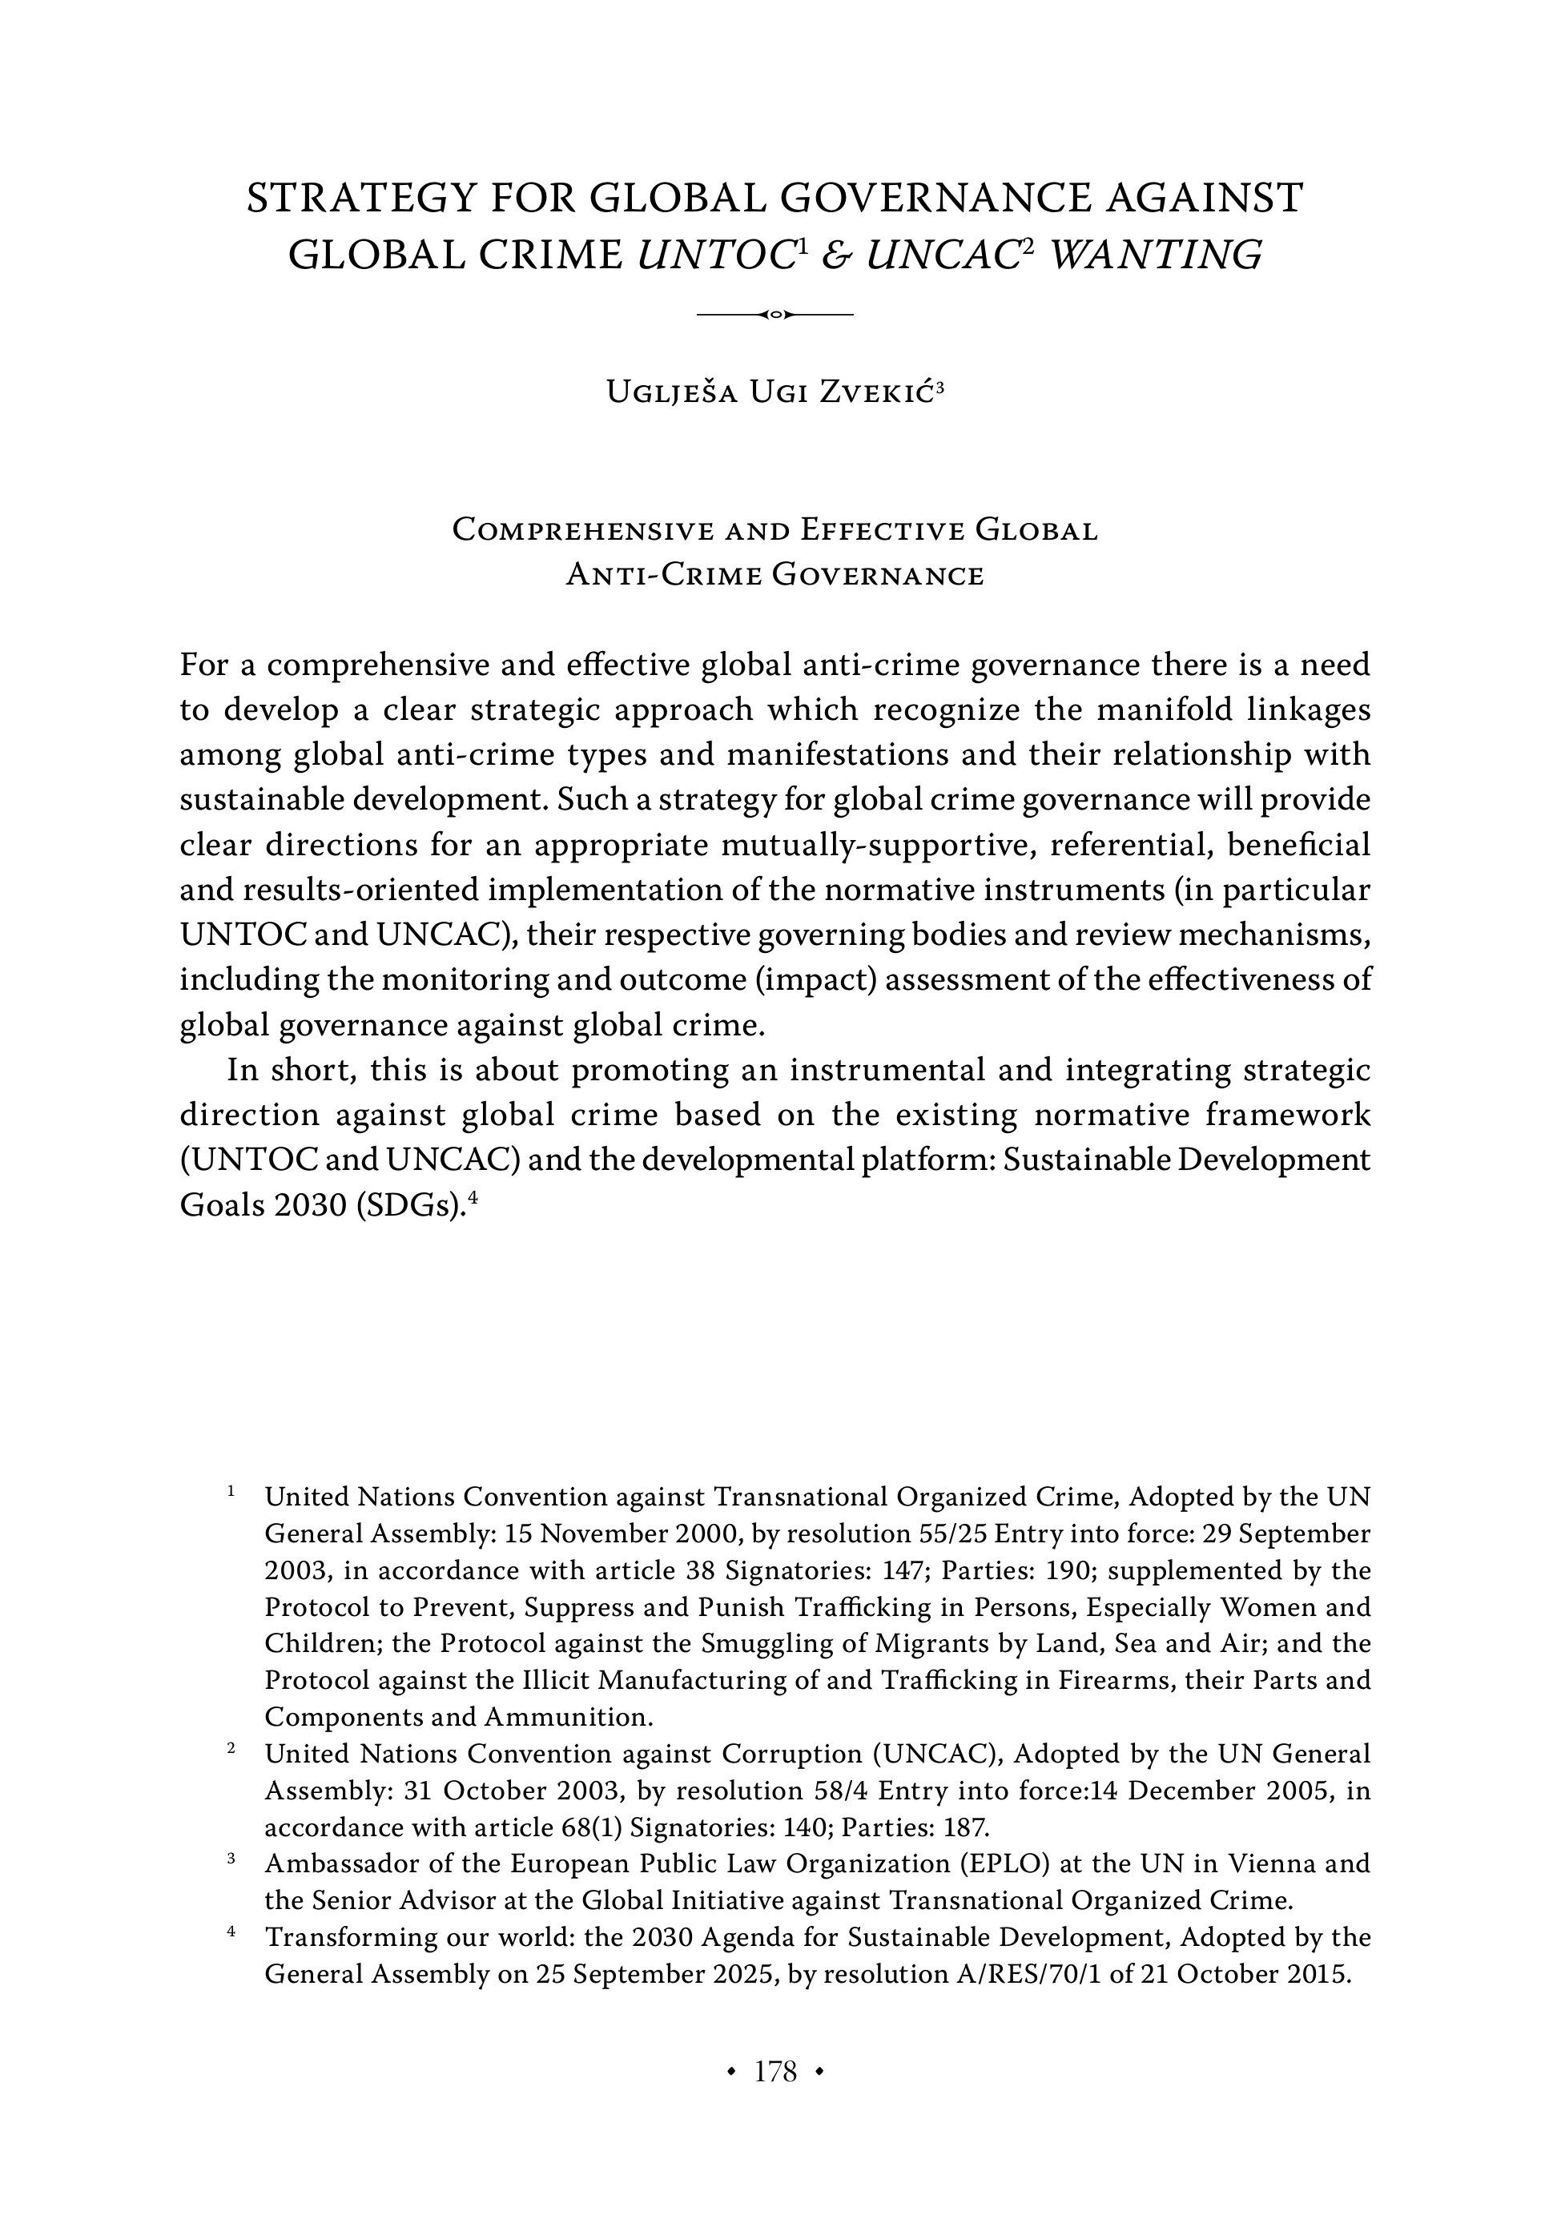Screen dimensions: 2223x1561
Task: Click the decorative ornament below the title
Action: click(x=774, y=315)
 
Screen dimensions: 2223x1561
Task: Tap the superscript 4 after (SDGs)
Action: click(x=473, y=1199)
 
